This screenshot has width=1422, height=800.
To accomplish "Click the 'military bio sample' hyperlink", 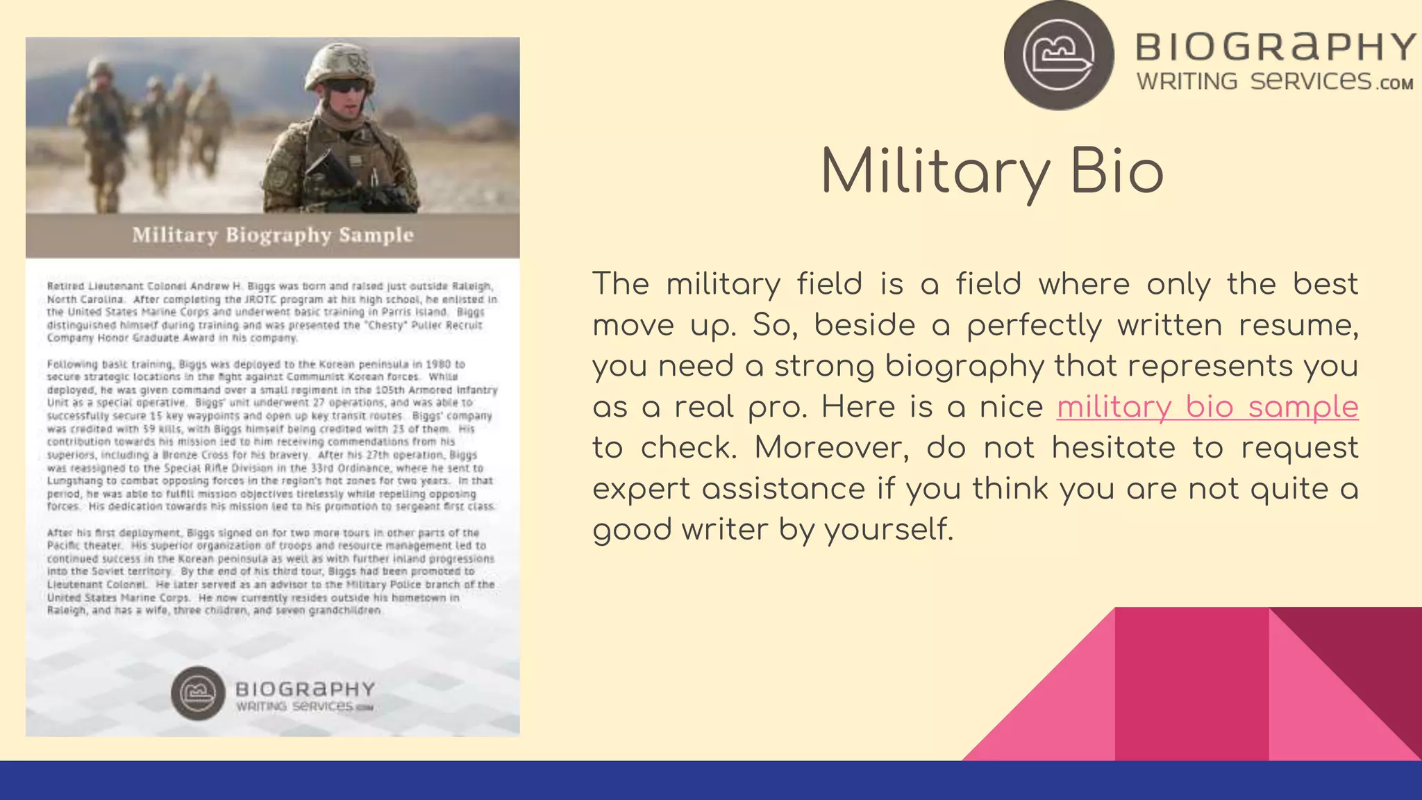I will click(x=1207, y=408).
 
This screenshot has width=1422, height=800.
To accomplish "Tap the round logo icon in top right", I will click(x=1059, y=55).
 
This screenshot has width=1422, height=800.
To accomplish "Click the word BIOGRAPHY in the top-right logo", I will click(x=1275, y=47).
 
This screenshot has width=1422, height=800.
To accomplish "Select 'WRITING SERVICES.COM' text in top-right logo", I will click(x=1275, y=82).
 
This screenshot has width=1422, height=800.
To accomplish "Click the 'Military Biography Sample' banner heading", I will click(x=273, y=235).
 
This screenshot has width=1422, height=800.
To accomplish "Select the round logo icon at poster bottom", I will click(x=198, y=693).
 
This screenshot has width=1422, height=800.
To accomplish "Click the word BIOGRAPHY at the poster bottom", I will click(x=306, y=689).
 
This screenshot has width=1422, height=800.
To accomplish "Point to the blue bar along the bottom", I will click(x=711, y=781).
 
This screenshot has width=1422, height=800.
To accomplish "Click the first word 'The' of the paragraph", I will click(x=621, y=285).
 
